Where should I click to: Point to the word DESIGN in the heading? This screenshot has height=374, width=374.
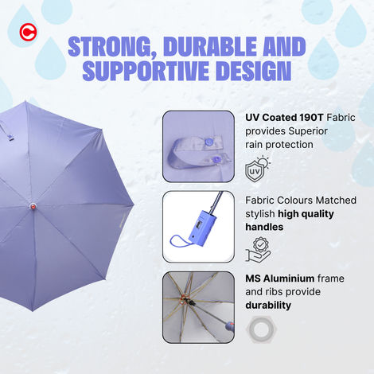pyautogui.click(x=252, y=71)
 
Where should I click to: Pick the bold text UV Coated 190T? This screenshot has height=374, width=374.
pyautogui.click(x=283, y=117)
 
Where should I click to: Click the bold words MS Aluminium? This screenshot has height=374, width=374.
pyautogui.click(x=280, y=279)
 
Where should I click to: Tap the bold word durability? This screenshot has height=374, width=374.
pyautogui.click(x=269, y=305)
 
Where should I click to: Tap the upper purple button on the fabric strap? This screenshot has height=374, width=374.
pyautogui.click(x=210, y=142)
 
